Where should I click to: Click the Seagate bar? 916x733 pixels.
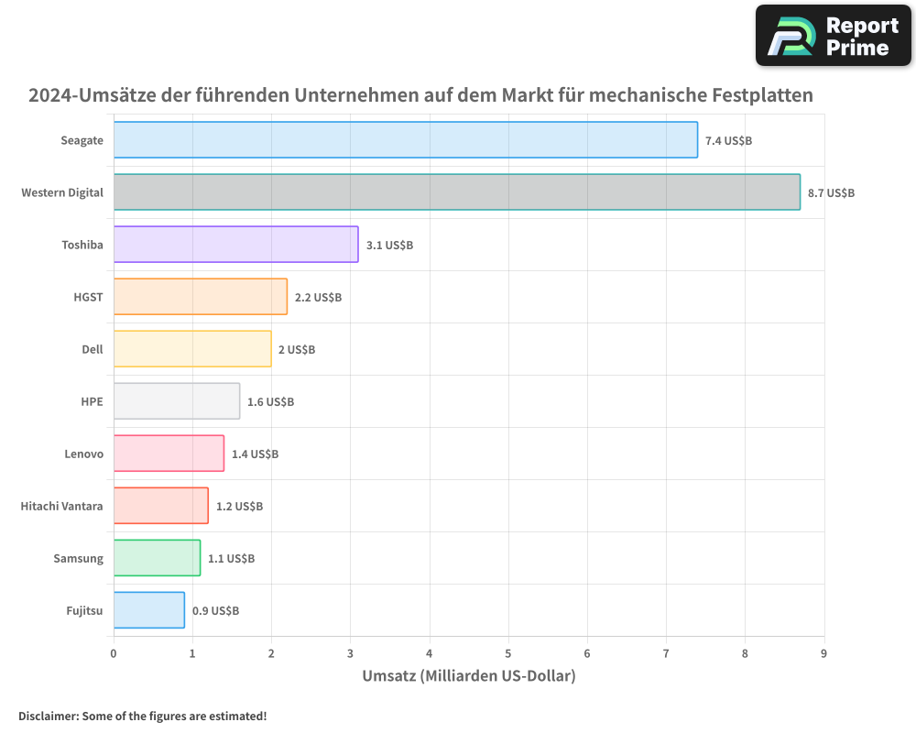405,140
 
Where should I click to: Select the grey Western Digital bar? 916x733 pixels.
456,192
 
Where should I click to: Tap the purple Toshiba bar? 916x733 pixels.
235,245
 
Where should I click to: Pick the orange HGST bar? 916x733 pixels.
200,297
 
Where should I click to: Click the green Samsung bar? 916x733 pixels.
157,558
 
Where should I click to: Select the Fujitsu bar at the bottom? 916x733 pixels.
148,610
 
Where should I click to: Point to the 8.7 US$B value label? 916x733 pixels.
831,193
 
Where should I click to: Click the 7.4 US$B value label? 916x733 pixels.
728,141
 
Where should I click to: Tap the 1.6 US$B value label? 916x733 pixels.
270,402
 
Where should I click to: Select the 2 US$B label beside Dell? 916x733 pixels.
296,350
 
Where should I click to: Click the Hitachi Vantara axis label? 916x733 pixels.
61,506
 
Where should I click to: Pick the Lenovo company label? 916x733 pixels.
83,454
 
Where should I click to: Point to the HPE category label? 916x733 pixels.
92,401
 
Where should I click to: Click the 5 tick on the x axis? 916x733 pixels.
508,653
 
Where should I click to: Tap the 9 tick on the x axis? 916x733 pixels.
823,653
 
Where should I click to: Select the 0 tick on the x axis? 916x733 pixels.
114,653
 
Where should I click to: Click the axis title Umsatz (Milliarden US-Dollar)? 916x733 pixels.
468,677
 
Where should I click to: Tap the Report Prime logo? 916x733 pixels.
833,36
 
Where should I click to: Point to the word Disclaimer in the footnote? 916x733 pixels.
48,717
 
